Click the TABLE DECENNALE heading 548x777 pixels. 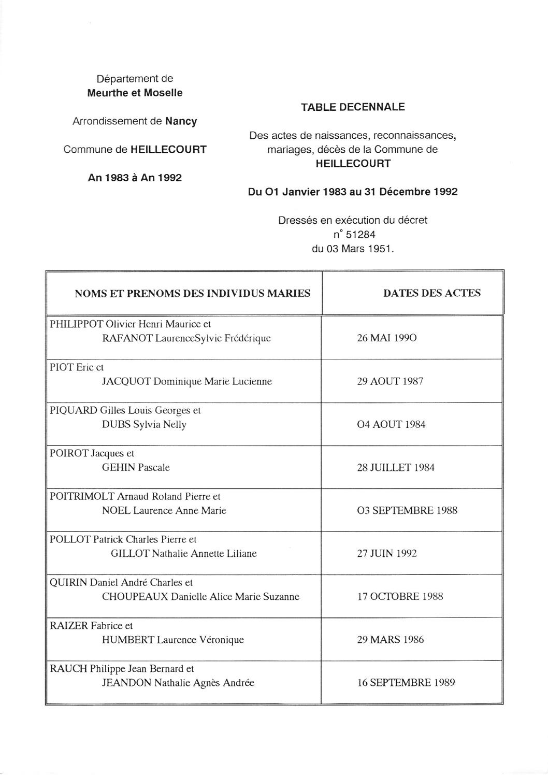(353, 107)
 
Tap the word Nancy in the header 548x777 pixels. (181, 121)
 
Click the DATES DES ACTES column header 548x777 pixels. (431, 293)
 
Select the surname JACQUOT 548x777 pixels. (126, 382)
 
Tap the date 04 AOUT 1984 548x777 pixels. (391, 425)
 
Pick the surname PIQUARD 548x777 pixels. (73, 410)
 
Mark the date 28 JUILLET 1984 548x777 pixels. (396, 468)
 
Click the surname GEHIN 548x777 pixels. (118, 468)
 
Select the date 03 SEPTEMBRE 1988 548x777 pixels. (407, 511)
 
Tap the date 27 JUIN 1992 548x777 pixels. (386, 554)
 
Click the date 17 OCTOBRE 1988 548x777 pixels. (400, 597)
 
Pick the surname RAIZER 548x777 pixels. (69, 626)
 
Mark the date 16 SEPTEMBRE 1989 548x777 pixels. (406, 683)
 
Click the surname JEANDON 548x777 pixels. (127, 683)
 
